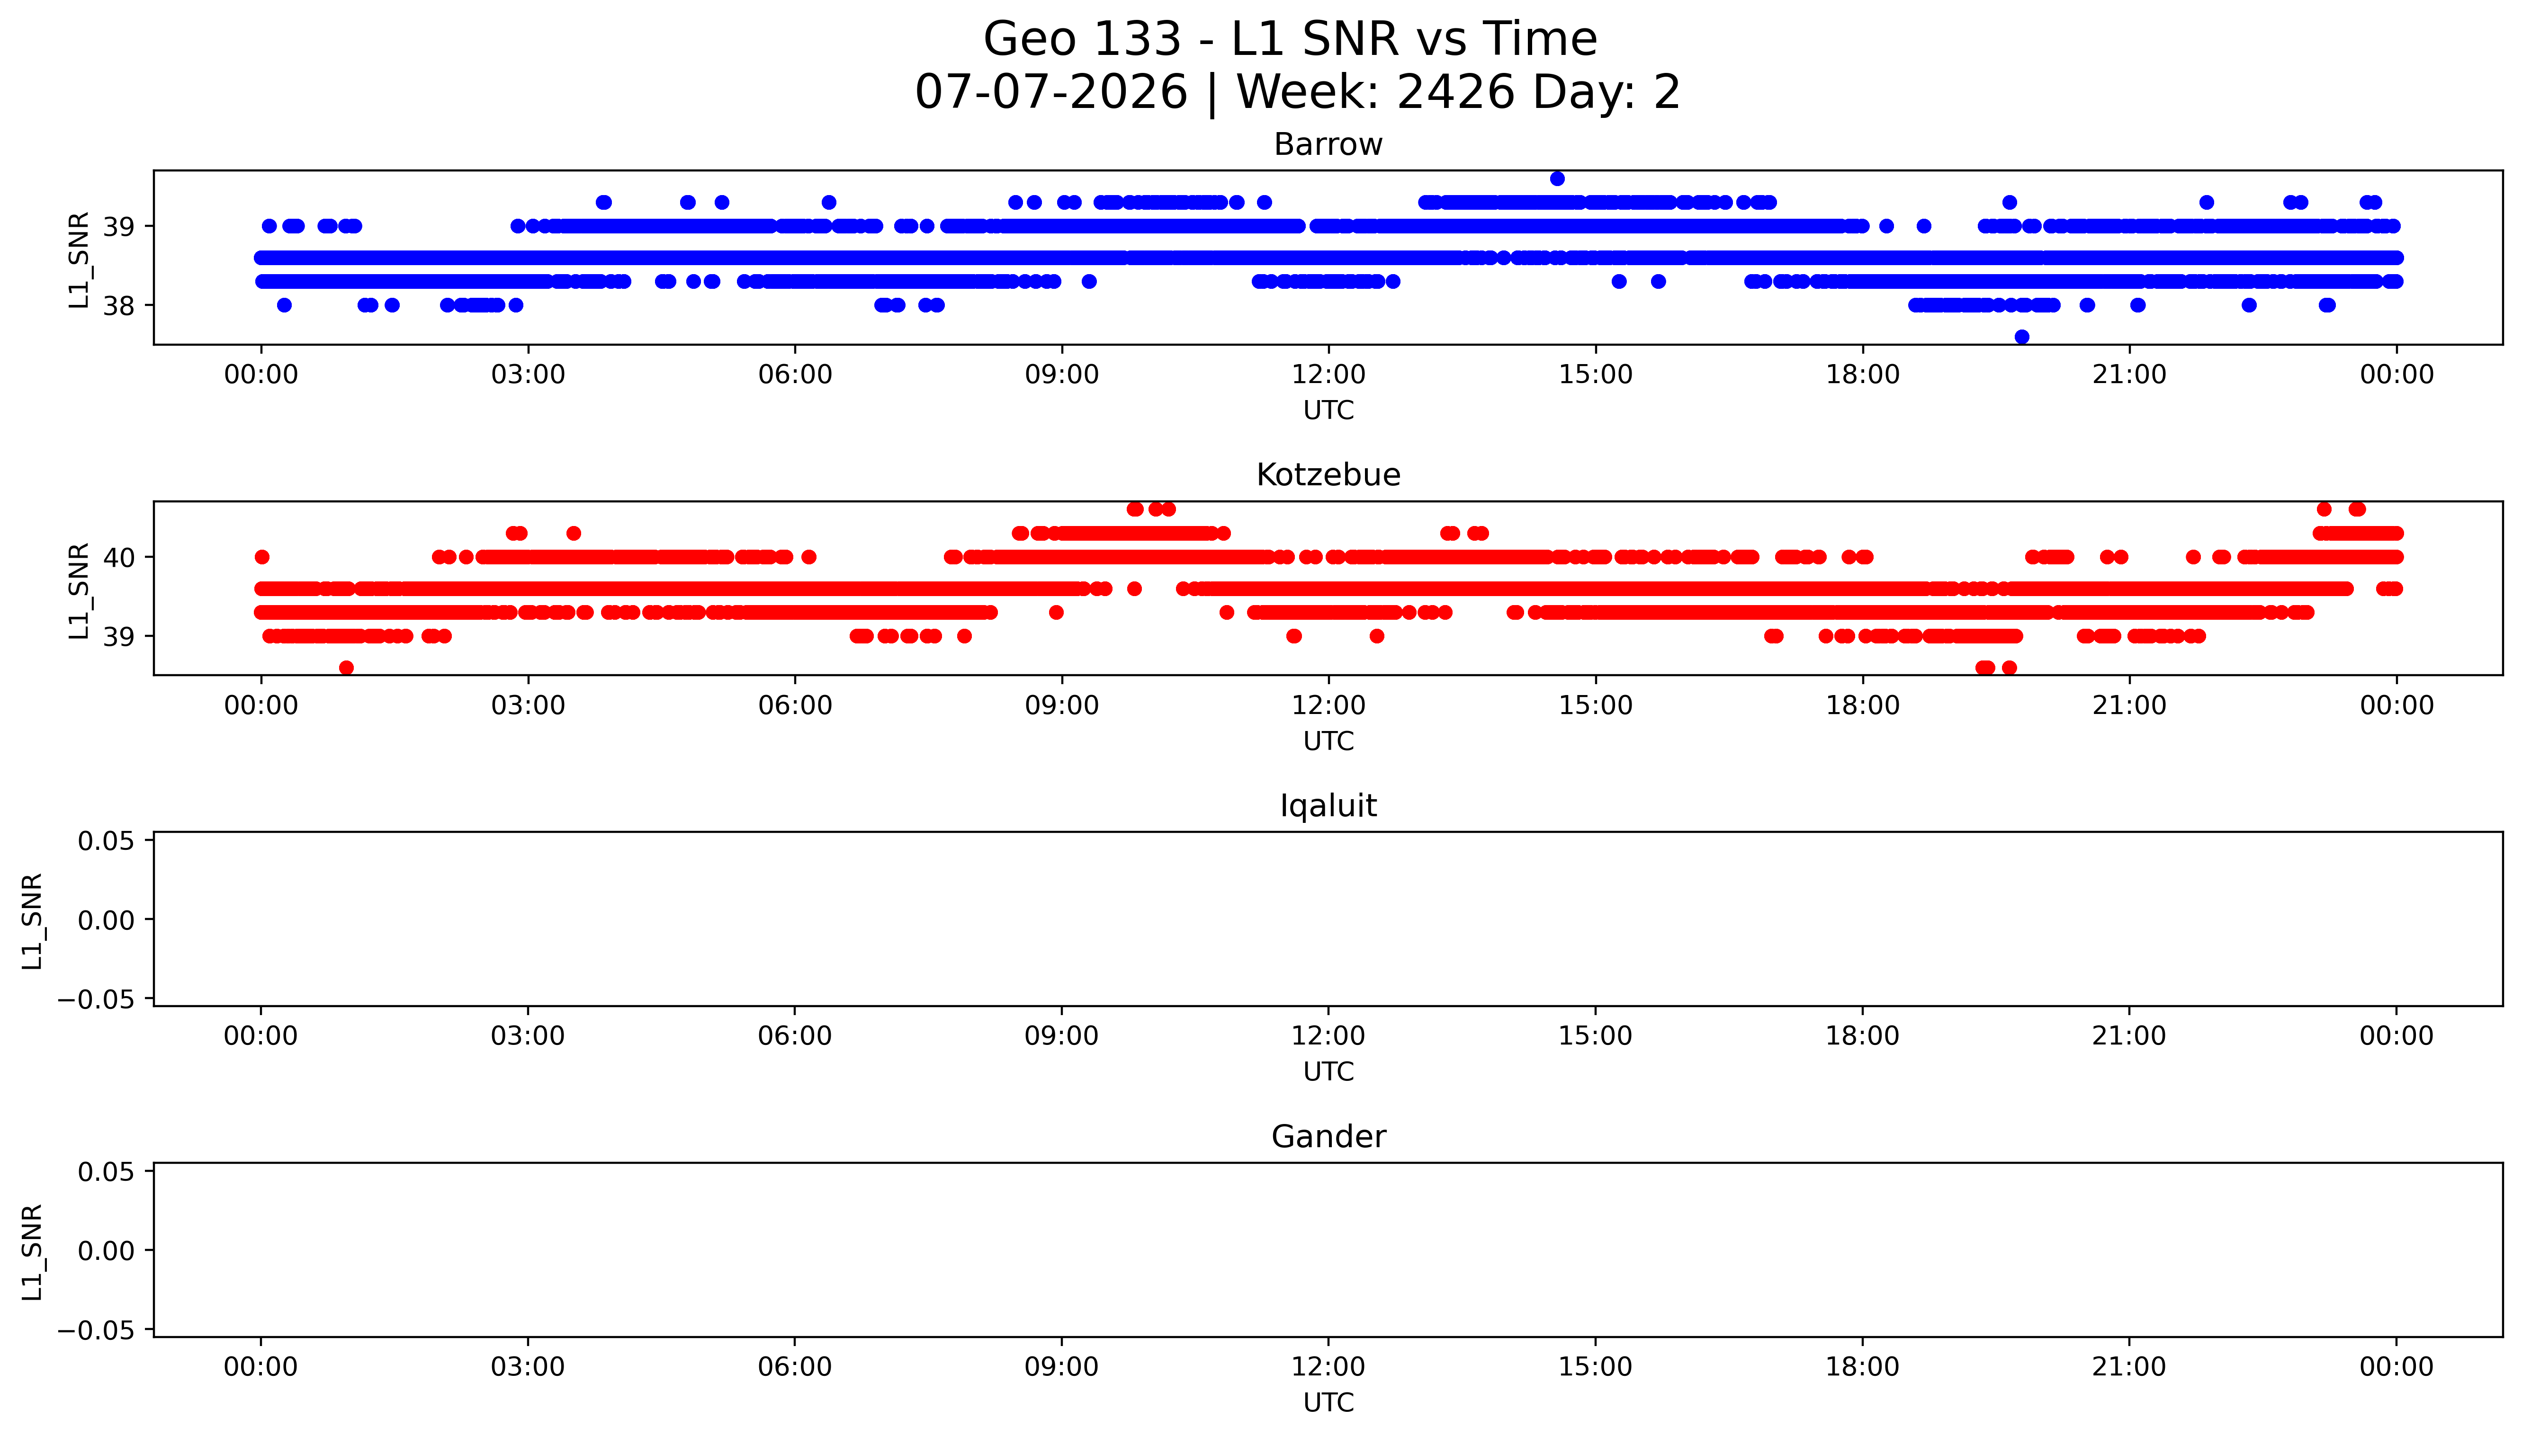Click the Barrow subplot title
[1328, 145]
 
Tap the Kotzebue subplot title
[1328, 475]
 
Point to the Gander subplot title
[1328, 1137]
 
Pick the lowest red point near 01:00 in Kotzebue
[346, 668]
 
